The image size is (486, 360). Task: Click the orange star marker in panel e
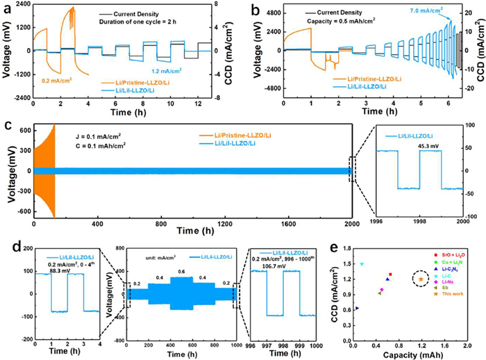click(421, 279)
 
